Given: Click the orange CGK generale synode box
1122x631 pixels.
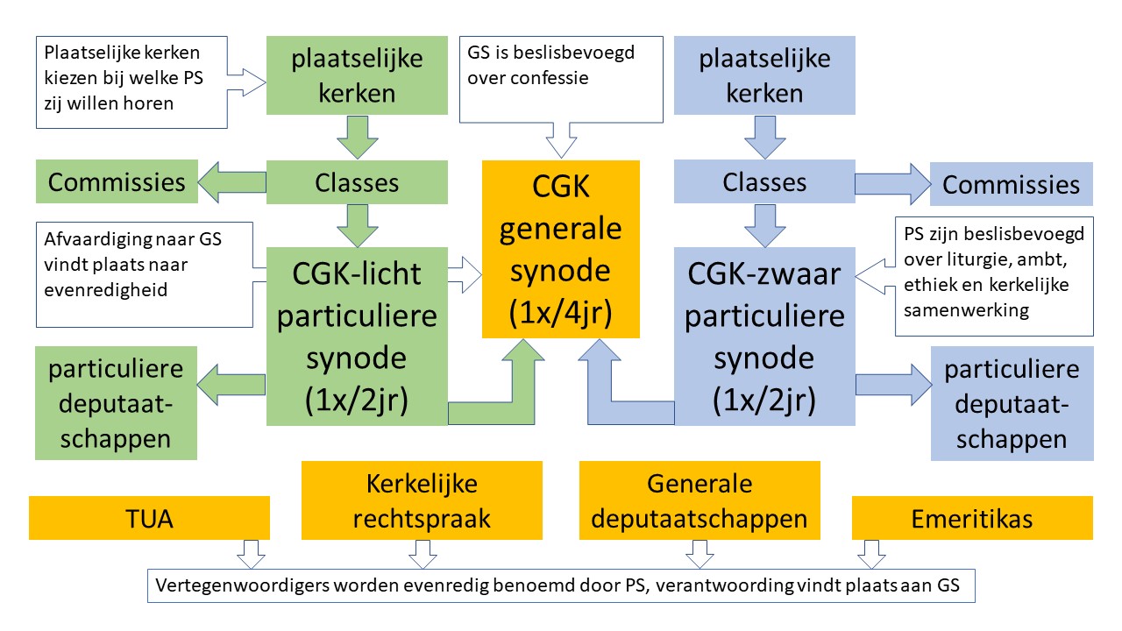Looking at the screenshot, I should tap(561, 249).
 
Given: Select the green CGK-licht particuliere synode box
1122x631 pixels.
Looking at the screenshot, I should tap(358, 337).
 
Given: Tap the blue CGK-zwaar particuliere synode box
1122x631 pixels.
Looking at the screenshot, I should tap(763, 337).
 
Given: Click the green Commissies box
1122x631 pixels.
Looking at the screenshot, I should tap(117, 182).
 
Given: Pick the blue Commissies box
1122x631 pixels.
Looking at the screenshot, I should tap(1011, 184).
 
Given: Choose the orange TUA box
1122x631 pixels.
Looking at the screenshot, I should tap(149, 518).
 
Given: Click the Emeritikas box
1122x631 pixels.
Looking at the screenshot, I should tap(971, 518).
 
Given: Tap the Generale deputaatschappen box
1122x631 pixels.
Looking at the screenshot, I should tap(699, 500).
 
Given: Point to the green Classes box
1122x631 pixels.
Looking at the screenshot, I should tap(358, 182).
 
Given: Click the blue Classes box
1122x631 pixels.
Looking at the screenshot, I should tap(763, 182).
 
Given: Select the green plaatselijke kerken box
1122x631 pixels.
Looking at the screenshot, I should tap(358, 75).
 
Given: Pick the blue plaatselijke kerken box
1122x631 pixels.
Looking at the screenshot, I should tap(763, 75).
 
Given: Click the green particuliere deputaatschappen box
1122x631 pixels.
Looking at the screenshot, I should tap(117, 403).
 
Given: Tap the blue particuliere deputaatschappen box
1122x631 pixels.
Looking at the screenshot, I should tap(1011, 403).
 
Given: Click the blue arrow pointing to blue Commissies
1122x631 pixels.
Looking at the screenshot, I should tap(891, 184).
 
